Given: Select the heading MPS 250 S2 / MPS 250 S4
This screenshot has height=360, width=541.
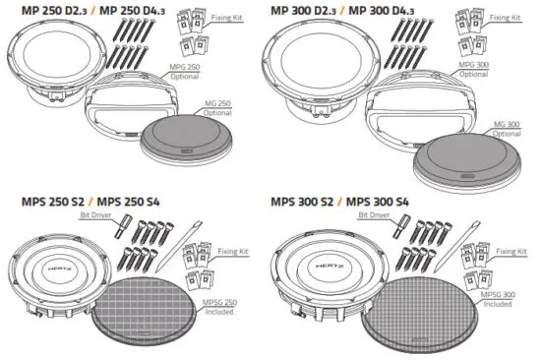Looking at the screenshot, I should pyautogui.click(x=79, y=201).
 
